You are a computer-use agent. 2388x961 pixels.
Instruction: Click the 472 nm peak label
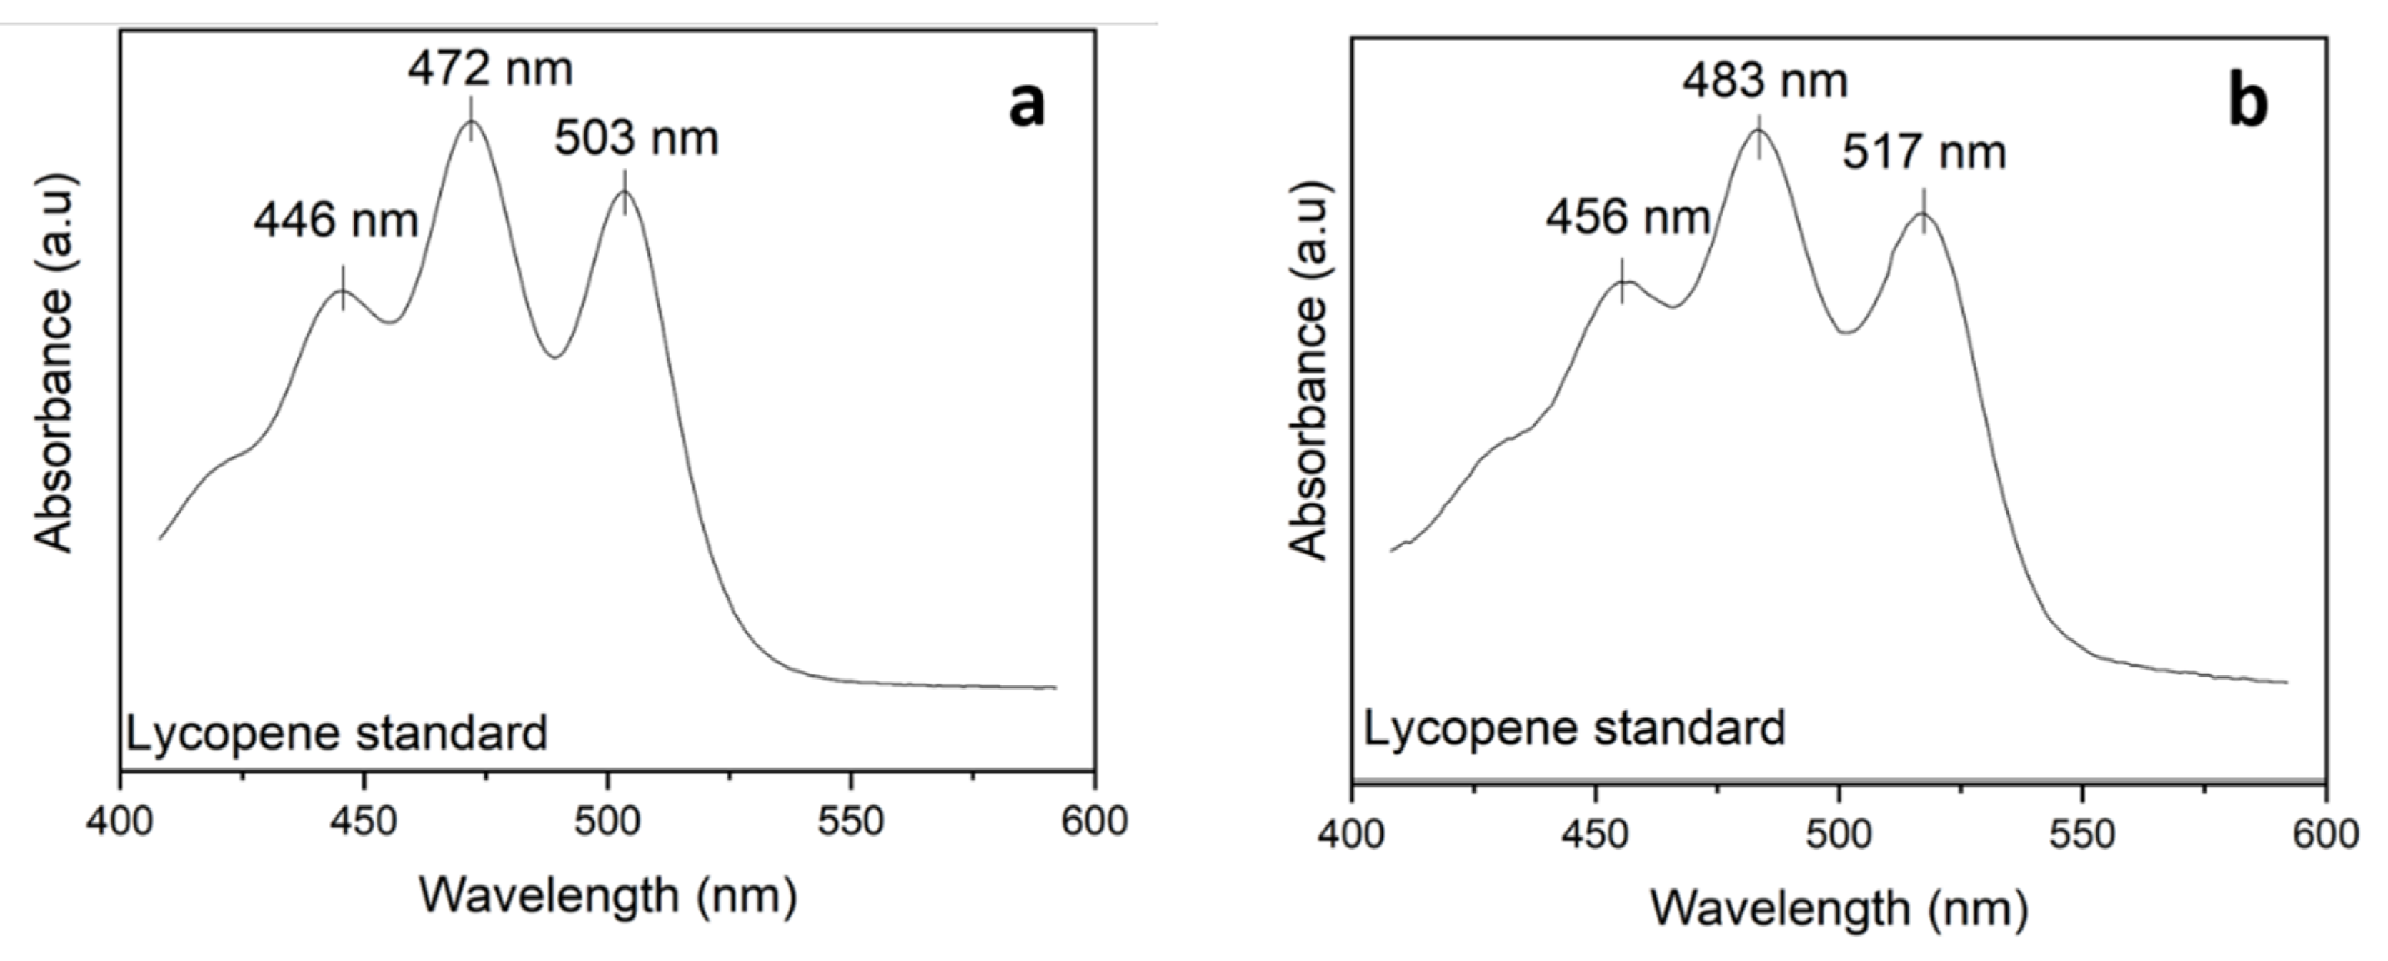pyautogui.click(x=489, y=69)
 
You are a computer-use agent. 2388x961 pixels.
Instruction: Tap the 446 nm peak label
pyautogui.click(x=336, y=221)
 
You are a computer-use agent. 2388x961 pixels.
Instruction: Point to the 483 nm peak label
pyautogui.click(x=1765, y=81)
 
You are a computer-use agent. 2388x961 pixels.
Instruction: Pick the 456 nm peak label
pyautogui.click(x=1627, y=218)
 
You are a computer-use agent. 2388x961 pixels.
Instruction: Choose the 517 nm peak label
pyautogui.click(x=1924, y=152)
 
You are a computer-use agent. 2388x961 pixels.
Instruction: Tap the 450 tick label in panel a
pyautogui.click(x=364, y=821)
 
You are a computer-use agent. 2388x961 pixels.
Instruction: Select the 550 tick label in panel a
pyautogui.click(x=850, y=821)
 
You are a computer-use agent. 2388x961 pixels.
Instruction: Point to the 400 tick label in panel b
pyautogui.click(x=1352, y=835)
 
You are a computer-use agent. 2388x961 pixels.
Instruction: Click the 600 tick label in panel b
pyautogui.click(x=2325, y=835)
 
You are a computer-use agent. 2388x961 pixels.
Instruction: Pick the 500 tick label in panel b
pyautogui.click(x=1839, y=835)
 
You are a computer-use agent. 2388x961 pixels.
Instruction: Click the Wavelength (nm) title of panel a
pyautogui.click(x=608, y=896)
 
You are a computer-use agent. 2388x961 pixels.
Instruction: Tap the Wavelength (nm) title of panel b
pyautogui.click(x=1839, y=909)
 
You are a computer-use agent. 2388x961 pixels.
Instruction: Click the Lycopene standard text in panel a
pyautogui.click(x=337, y=734)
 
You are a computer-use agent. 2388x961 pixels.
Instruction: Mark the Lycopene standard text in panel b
pyautogui.click(x=1574, y=728)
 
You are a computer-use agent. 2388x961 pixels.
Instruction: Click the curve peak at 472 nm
pyautogui.click(x=472, y=121)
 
